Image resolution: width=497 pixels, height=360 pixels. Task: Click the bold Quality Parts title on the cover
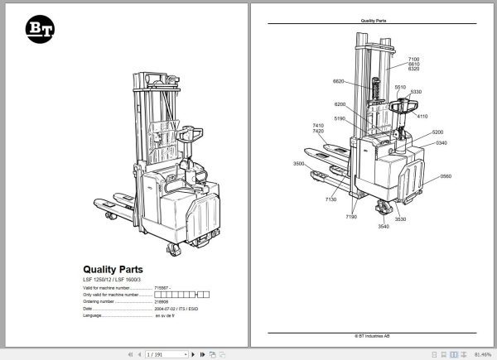coord(113,268)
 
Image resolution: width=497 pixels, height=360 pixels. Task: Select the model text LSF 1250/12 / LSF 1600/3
coord(120,281)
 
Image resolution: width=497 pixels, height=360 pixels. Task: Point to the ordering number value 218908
coord(162,301)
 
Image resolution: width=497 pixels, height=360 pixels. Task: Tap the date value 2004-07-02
coord(166,309)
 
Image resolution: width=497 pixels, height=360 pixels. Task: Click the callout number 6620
coord(338,81)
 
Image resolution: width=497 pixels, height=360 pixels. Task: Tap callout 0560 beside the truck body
coord(446,176)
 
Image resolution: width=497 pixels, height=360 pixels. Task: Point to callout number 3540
coord(383,226)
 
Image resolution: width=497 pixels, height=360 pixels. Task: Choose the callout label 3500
coord(299,165)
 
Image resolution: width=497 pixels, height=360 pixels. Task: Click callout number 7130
coord(331,199)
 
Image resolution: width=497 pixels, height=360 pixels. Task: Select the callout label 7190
coord(351,216)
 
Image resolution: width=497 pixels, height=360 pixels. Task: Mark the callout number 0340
coord(442,143)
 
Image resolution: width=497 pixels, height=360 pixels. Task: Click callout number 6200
coord(340,104)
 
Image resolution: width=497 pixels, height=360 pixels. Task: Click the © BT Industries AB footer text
coord(375,337)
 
